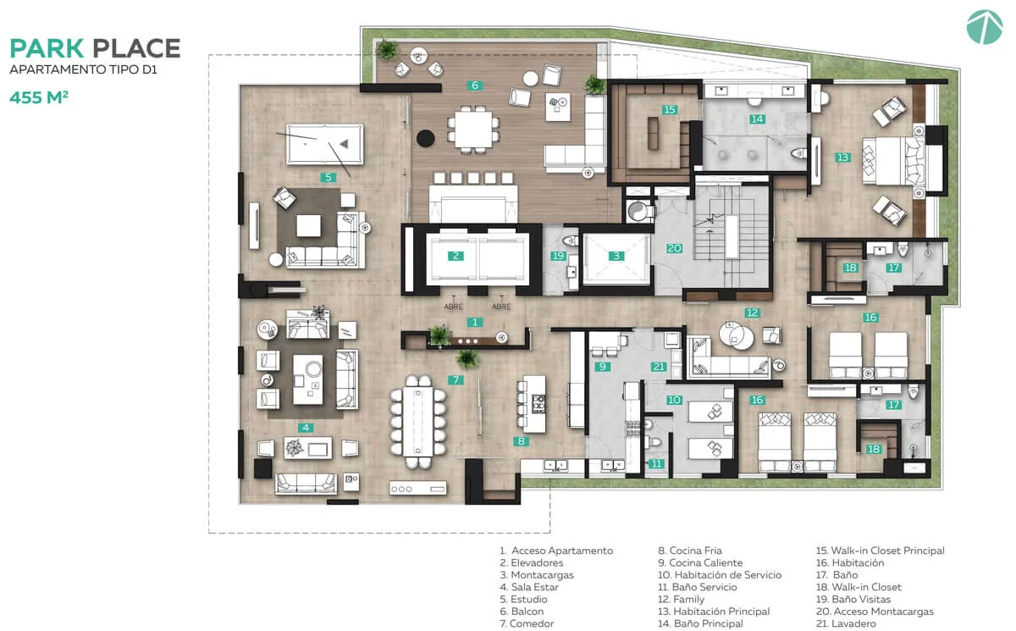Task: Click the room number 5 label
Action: point(328,177)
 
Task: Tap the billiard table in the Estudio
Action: point(325,144)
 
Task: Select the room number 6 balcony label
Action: point(475,86)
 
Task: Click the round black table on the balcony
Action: point(425,138)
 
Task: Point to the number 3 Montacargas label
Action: point(616,256)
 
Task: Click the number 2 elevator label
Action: point(456,256)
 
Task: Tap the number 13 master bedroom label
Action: point(842,158)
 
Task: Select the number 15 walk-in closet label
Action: point(670,110)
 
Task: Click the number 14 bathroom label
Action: point(758,119)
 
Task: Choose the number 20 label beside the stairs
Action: point(674,248)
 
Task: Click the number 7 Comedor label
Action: point(456,379)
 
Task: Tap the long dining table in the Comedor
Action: point(417,422)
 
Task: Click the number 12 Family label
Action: point(752,313)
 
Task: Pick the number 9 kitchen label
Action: point(602,367)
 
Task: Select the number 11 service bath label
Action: point(656,463)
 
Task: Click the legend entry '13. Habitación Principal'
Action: point(714,612)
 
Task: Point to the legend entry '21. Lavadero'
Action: point(846,623)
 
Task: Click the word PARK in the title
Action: point(47,48)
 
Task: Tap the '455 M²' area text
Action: point(39,97)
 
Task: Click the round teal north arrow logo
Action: point(985,27)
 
